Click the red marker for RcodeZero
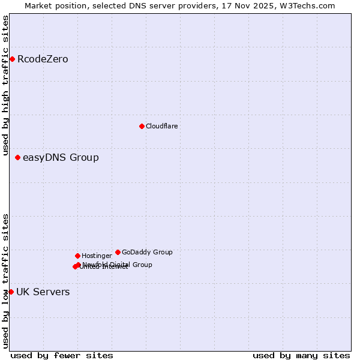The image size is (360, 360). pos(12,59)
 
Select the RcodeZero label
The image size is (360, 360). pos(43,59)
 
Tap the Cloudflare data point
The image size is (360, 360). pos(142,126)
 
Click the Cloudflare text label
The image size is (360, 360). pos(161,127)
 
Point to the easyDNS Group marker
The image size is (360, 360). pos(17,157)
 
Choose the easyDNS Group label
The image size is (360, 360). pos(61,158)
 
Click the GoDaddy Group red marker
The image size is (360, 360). pos(118,252)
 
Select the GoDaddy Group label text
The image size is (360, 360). pos(147,253)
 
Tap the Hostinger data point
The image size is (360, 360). pos(77,256)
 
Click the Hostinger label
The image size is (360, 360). pos(97,256)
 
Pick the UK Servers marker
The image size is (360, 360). pos(11,292)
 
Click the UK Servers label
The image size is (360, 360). pos(43,292)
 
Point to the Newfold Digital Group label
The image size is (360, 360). pos(118,265)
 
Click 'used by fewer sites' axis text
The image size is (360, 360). pos(62,356)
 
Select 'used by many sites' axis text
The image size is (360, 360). pos(301,356)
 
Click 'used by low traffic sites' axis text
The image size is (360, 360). pos(5,281)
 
